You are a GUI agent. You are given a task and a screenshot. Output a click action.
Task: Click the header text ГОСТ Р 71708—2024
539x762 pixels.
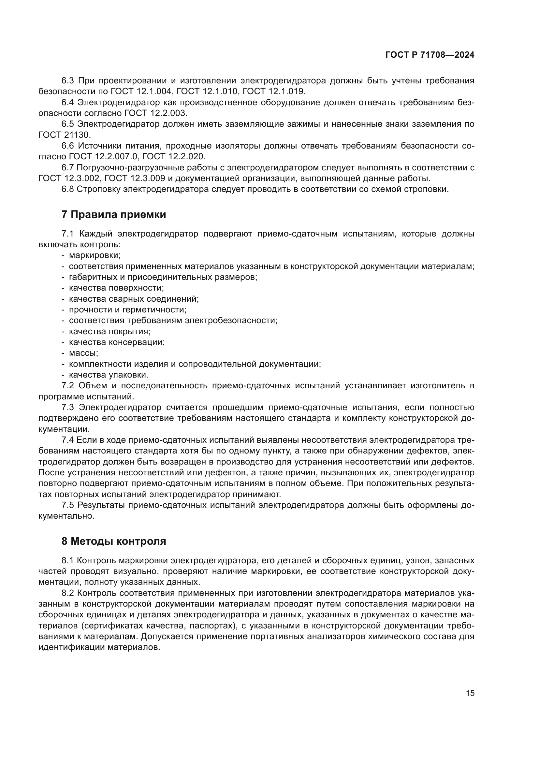pyautogui.click(x=430, y=55)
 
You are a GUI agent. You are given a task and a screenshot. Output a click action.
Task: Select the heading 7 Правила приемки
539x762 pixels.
pyautogui.click(x=113, y=215)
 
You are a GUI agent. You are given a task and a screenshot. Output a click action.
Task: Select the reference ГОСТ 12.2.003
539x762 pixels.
pyautogui.click(x=155, y=113)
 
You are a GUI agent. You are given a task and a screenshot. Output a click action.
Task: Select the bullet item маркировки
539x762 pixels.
pyautogui.click(x=95, y=255)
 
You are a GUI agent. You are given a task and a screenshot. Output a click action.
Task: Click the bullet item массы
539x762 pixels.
pyautogui.click(x=83, y=353)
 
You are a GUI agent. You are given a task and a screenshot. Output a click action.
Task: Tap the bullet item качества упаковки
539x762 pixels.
pyautogui.click(x=109, y=375)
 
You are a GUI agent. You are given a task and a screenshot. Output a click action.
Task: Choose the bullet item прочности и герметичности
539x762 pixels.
pyautogui.click(x=127, y=309)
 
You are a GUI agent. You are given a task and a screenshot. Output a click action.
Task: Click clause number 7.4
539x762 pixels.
pyautogui.click(x=68, y=440)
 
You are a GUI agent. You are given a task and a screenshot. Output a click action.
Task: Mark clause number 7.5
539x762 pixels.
pyautogui.click(x=68, y=505)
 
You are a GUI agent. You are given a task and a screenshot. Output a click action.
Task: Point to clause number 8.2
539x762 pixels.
pyautogui.click(x=68, y=593)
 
